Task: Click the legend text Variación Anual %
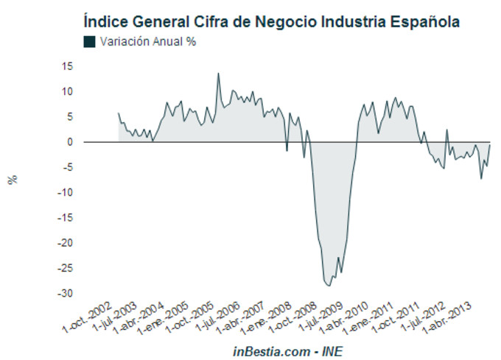click(x=148, y=42)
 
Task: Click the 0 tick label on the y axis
click(x=69, y=142)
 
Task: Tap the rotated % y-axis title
click(x=12, y=180)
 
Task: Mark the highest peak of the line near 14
click(x=218, y=73)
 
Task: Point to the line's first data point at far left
click(x=119, y=113)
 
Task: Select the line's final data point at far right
click(x=491, y=145)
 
